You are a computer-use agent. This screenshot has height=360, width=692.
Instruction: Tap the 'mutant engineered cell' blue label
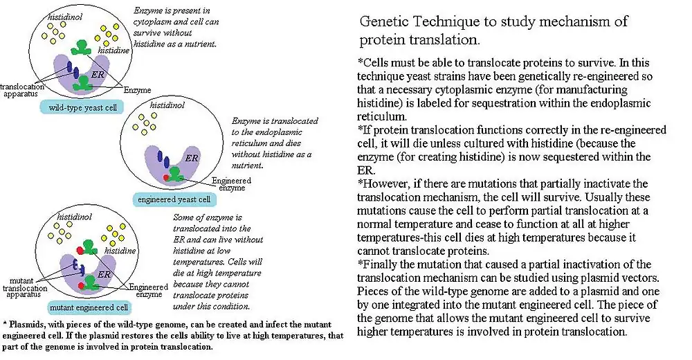pyautogui.click(x=86, y=307)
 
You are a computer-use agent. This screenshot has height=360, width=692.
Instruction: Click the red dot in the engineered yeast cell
pyautogui.click(x=165, y=178)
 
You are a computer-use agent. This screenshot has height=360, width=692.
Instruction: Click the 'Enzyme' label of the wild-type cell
pyautogui.click(x=138, y=90)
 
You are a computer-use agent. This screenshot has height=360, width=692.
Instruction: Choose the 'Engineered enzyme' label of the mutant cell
pyautogui.click(x=148, y=289)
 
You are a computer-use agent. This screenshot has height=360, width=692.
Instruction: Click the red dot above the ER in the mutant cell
pyautogui.click(x=81, y=249)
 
